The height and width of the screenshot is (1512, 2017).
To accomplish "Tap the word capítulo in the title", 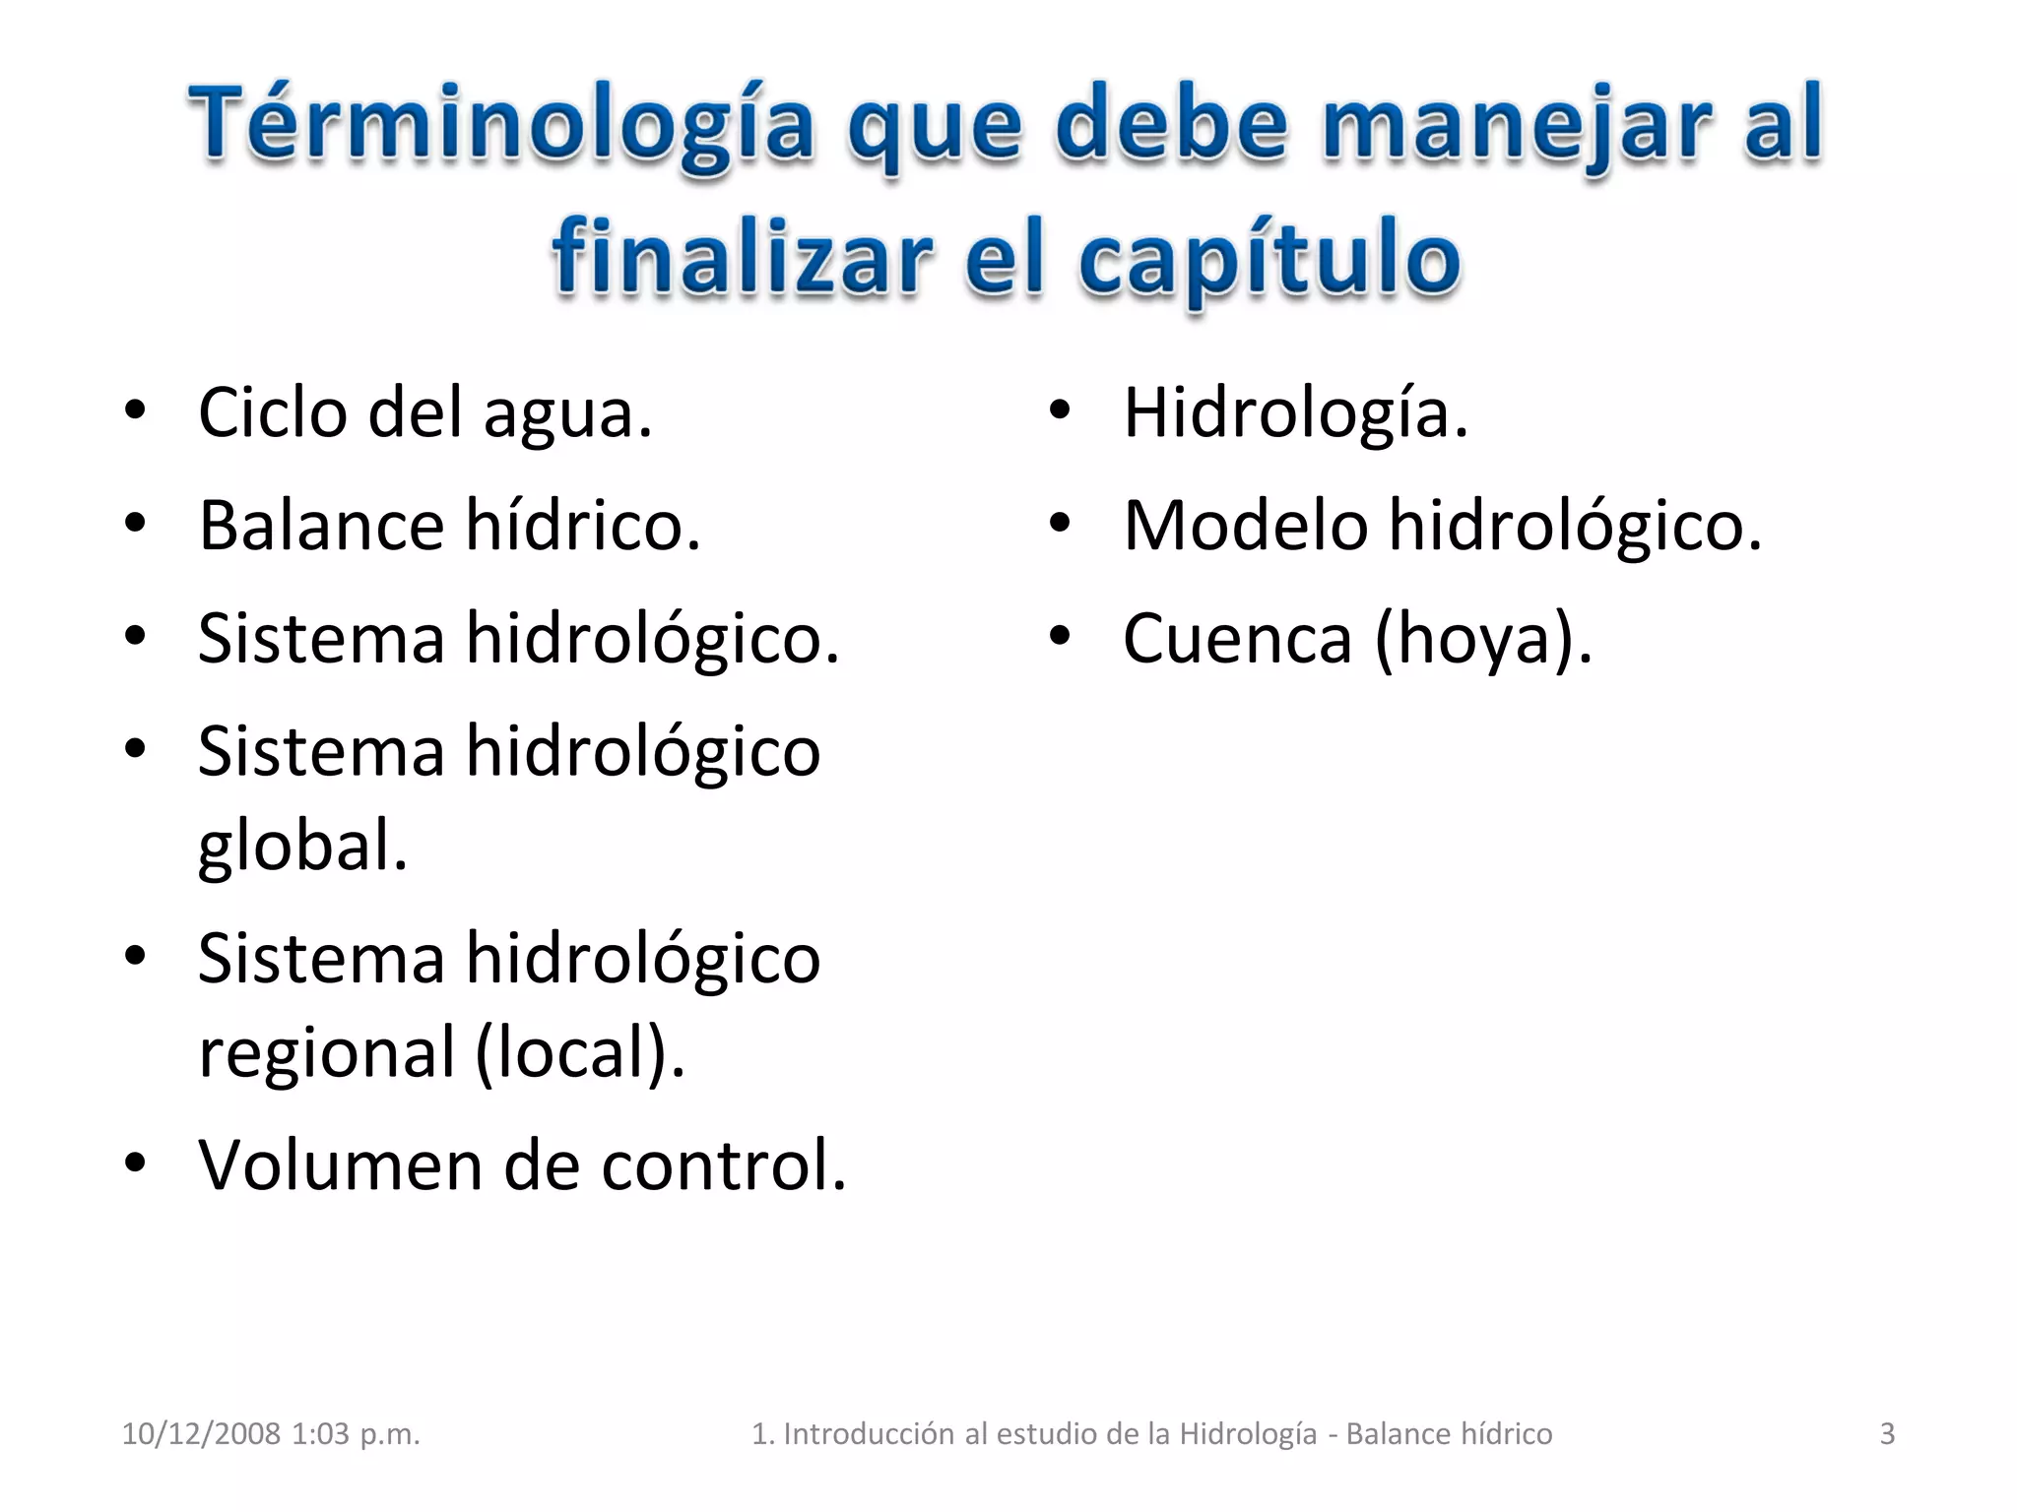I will [1269, 260].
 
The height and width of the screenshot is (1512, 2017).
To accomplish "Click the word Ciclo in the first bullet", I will [272, 412].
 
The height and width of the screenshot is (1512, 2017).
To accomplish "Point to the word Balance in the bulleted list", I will [321, 526].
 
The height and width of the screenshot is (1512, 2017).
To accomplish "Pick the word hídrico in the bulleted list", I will [582, 526].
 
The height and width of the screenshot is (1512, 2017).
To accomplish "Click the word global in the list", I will [301, 847].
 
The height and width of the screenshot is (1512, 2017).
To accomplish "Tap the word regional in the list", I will [326, 1053].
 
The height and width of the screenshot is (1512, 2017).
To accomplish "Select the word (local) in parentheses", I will [578, 1053].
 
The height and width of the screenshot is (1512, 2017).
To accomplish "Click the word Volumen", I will [340, 1165].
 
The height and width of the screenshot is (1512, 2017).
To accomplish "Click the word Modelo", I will [1246, 526].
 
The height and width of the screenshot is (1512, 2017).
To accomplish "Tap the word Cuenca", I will [1237, 639].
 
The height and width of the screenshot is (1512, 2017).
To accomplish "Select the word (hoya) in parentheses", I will [1481, 639].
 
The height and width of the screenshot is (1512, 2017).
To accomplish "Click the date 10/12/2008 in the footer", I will [201, 1434].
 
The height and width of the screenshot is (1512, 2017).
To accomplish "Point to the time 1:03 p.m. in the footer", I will [356, 1434].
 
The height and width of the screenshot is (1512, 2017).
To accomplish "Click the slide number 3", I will [1887, 1434].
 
